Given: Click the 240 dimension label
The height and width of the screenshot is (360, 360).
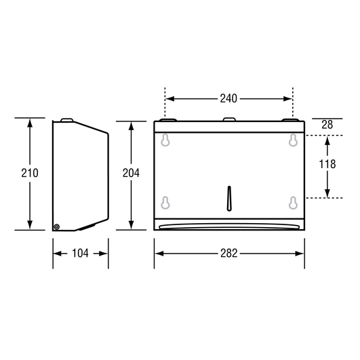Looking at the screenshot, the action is coord(228,99).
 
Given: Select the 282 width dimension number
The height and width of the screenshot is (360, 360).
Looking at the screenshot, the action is coord(229,254).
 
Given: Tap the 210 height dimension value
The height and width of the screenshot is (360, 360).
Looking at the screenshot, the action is coord(30,173).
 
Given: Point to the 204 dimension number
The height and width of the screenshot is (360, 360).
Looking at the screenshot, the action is coord(131,173).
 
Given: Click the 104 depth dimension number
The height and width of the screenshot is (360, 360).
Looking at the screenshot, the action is coord(80,254).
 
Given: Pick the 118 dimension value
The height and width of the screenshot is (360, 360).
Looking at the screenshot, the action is coord(327,164).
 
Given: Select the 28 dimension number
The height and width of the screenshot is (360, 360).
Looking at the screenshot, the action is coord(327,125).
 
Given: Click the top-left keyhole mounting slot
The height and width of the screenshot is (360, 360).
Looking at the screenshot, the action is coord(165,140).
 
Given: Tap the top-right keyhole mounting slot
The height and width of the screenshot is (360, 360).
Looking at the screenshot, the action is coord(293,140).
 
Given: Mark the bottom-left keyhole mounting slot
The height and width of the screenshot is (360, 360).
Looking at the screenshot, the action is coord(165,203).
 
